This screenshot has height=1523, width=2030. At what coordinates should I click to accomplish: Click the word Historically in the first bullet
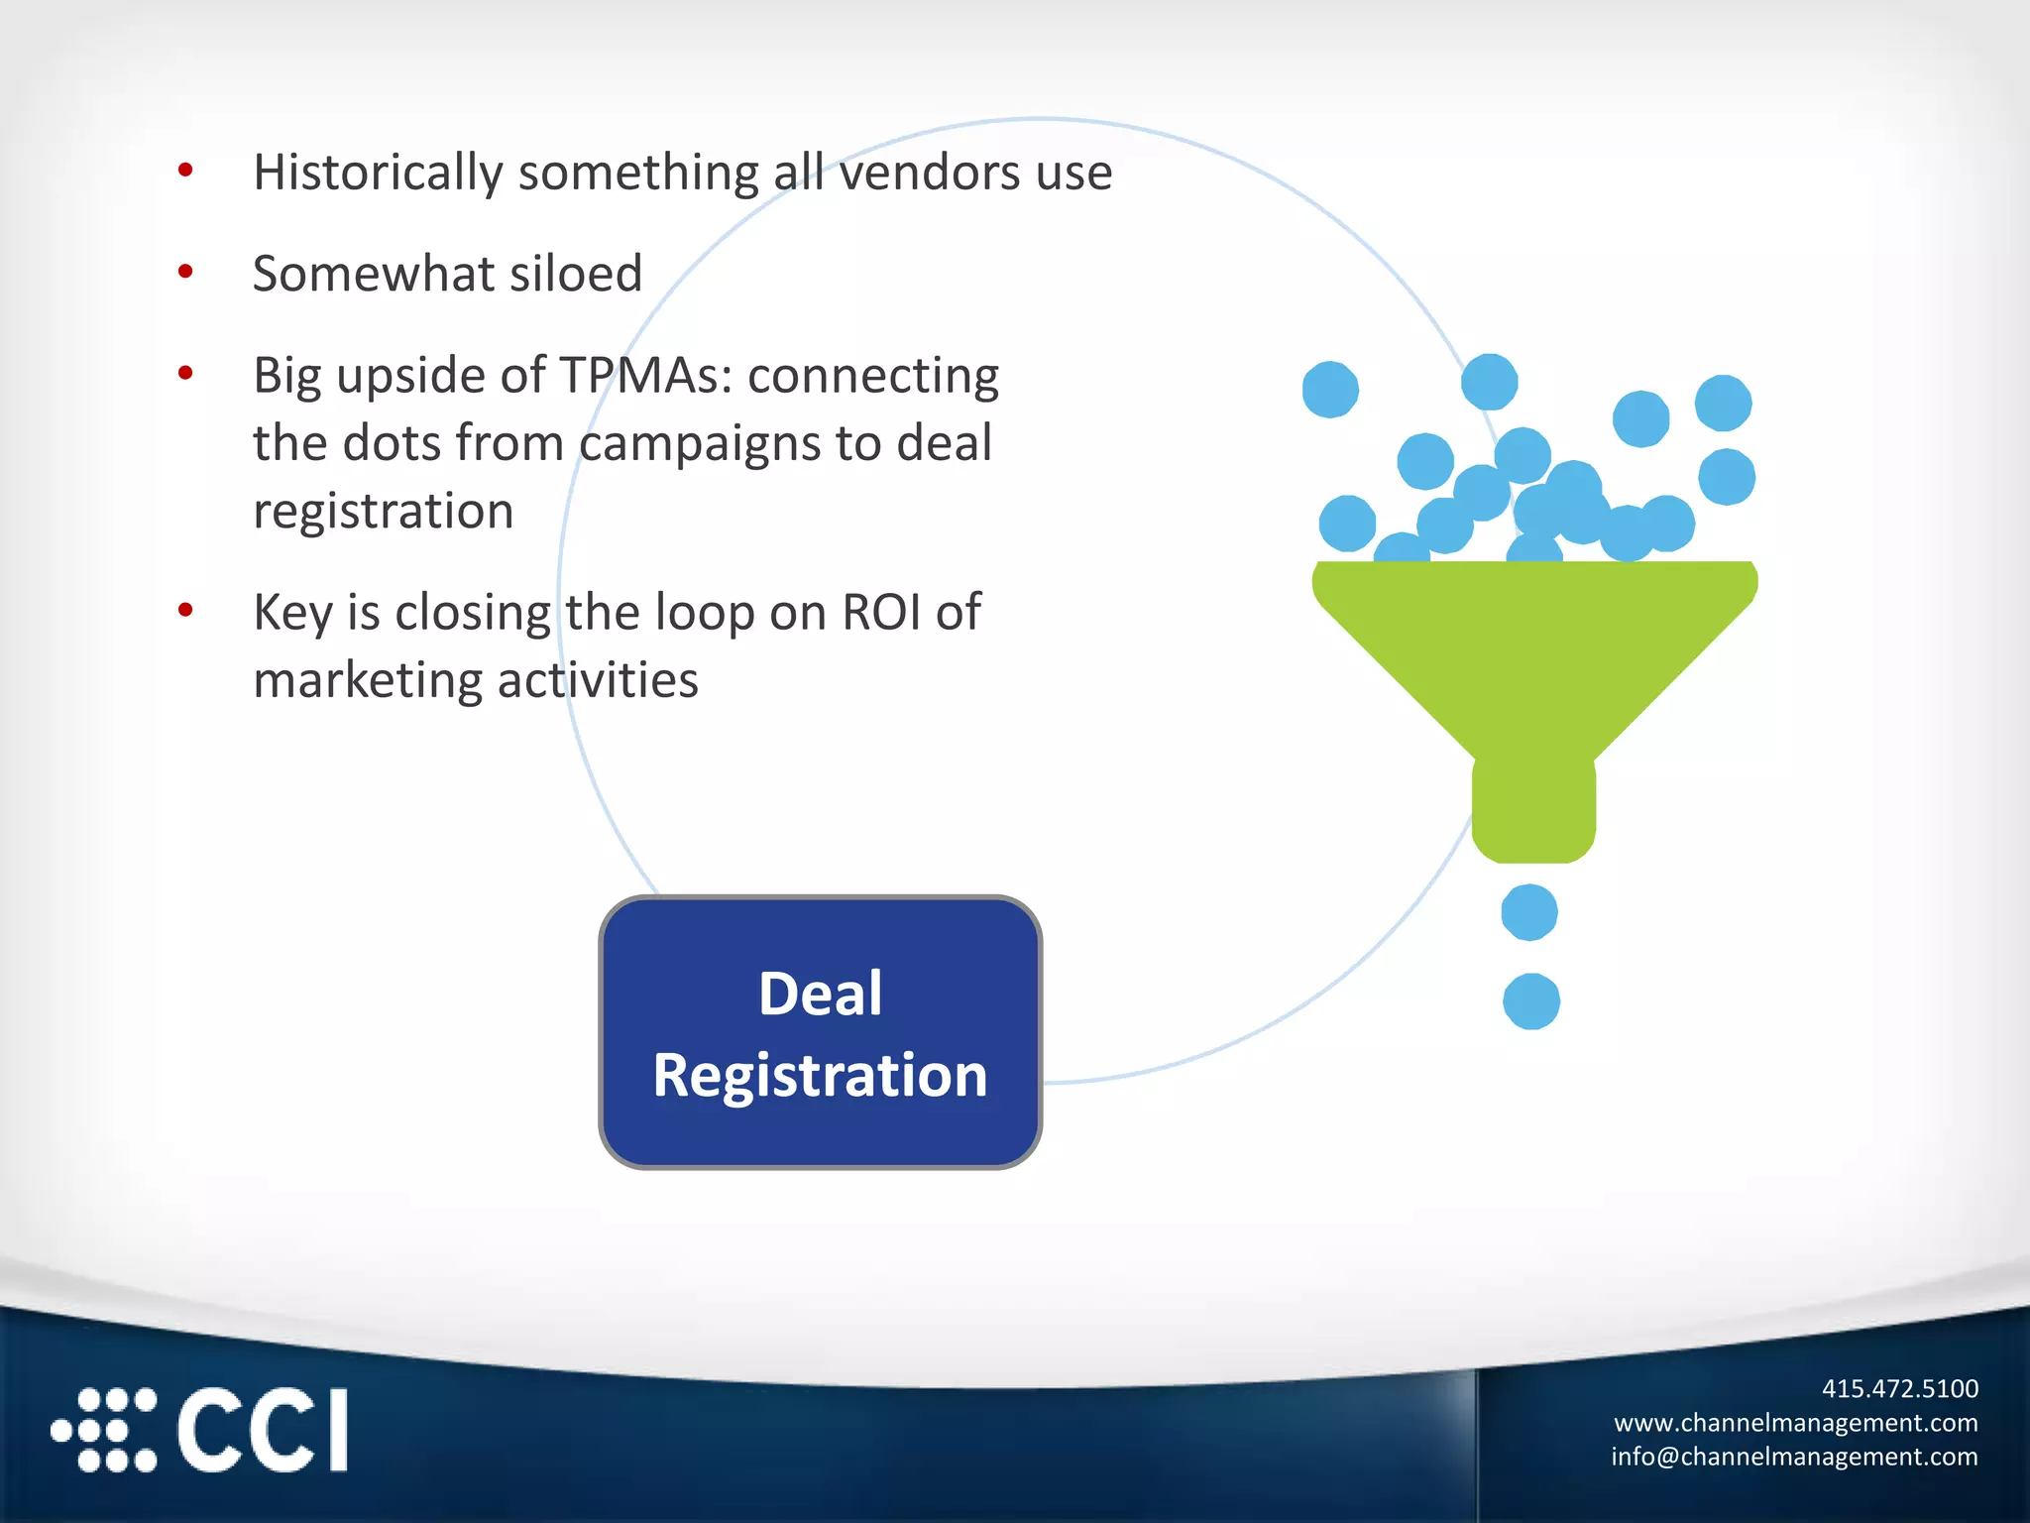(378, 174)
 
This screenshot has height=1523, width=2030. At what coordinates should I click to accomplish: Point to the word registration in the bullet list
(383, 512)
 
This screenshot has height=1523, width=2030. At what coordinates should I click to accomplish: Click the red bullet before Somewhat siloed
(185, 272)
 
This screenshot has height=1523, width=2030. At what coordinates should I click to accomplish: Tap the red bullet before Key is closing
(185, 610)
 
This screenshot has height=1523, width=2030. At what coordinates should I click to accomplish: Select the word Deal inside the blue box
(820, 994)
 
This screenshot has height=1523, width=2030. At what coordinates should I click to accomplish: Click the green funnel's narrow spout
(1533, 808)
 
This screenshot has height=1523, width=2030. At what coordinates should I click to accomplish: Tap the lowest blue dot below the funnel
(1531, 1001)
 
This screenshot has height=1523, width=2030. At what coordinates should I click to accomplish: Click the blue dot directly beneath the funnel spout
(1529, 912)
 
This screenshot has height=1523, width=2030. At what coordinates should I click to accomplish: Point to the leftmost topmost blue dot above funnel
(1330, 390)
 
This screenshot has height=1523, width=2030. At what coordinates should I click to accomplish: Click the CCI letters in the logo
(264, 1430)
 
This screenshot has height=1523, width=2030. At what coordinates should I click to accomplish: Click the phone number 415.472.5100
(1899, 1388)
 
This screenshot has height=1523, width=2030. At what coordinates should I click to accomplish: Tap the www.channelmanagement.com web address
(1795, 1423)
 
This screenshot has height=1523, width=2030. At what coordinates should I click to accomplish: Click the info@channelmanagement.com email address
(1794, 1457)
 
